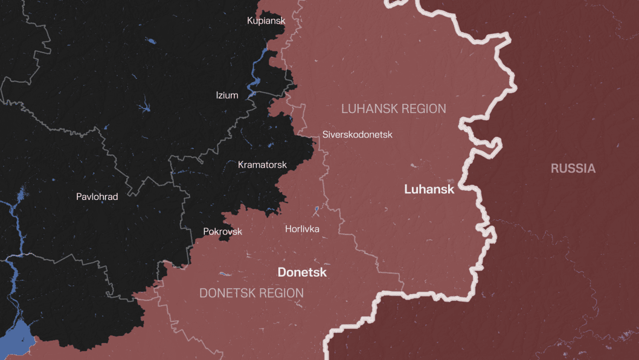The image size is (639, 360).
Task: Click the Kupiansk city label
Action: click(x=266, y=21)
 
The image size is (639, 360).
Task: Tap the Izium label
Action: click(x=227, y=95)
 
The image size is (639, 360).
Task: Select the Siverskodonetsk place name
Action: click(x=357, y=134)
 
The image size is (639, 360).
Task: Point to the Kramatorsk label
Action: click(x=262, y=164)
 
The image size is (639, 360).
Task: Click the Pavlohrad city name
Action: click(x=97, y=196)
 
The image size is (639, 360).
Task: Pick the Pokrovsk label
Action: click(x=222, y=231)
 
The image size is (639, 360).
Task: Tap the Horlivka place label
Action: click(x=302, y=228)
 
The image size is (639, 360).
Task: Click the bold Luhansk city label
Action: click(x=429, y=189)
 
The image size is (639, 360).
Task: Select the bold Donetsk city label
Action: click(x=302, y=272)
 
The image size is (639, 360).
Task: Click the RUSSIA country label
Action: click(x=573, y=169)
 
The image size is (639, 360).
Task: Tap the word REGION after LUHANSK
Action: click(x=423, y=109)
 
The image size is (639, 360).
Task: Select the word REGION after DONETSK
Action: click(x=281, y=294)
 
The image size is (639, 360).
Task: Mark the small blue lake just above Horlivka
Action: click(x=316, y=210)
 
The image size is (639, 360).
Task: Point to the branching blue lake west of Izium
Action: click(x=145, y=108)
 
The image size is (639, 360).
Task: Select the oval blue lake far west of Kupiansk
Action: click(x=150, y=42)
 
